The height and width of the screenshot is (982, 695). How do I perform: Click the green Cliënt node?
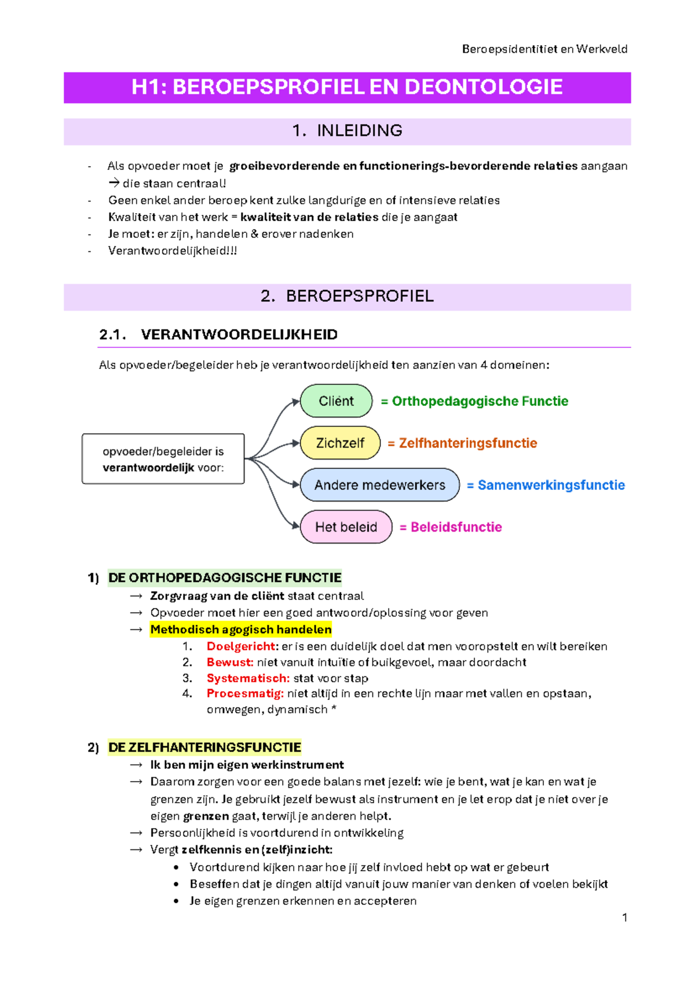[x=336, y=401]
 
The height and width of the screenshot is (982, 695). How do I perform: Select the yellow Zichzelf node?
[x=340, y=444]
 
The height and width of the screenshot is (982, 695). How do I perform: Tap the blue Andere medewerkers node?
[x=379, y=485]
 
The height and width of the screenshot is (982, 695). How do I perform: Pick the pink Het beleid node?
[x=346, y=527]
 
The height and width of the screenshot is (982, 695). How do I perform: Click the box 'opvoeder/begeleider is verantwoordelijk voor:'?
[x=163, y=459]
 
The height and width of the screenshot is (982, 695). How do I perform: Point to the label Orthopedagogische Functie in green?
[x=480, y=401]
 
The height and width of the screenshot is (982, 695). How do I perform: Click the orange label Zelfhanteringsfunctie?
[x=467, y=444]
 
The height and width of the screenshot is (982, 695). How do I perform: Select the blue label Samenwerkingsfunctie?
[x=551, y=485]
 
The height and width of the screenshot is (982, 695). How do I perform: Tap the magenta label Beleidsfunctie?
[x=456, y=527]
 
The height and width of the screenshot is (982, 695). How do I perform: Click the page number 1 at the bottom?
[x=624, y=918]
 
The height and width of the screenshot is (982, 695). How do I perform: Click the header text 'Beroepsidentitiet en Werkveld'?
[x=544, y=49]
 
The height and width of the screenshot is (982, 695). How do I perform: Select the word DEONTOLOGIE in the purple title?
[x=484, y=87]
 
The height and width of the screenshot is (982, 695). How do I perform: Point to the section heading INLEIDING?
[x=359, y=131]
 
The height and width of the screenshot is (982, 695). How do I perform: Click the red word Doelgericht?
[x=242, y=646]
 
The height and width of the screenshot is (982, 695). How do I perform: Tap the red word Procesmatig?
[x=245, y=694]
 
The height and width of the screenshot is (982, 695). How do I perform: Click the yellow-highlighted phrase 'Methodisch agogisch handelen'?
[x=240, y=629]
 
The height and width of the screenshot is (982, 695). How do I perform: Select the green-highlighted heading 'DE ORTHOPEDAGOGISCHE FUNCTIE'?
[x=225, y=578]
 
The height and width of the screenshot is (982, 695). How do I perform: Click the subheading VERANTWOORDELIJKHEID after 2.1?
[x=239, y=335]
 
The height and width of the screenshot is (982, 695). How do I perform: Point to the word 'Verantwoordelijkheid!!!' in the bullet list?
[x=173, y=251]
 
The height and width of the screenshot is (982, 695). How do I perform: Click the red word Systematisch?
[x=248, y=678]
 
